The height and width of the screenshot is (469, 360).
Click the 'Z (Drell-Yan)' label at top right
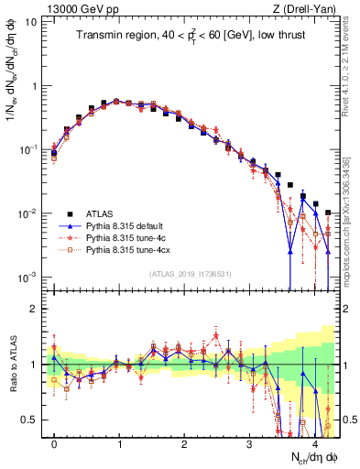point(308,8)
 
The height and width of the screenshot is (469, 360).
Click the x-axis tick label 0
point(54,444)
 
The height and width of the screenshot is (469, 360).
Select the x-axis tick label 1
point(119,444)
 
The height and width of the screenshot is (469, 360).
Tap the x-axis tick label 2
point(184,444)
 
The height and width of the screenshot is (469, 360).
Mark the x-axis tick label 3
point(249,444)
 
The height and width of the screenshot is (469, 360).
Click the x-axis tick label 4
point(314,444)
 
